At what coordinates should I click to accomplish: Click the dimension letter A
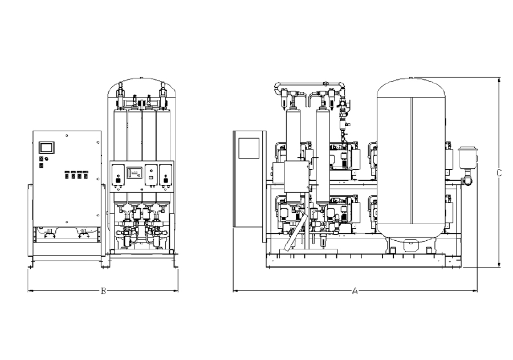click(355, 291)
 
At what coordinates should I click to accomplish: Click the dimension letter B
click(103, 291)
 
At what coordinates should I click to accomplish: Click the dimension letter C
click(499, 172)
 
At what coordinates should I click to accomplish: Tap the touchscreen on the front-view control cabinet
click(46, 147)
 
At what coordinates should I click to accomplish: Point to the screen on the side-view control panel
click(249, 148)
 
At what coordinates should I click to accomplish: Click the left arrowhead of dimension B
click(30, 291)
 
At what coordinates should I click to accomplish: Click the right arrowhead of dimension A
click(475, 291)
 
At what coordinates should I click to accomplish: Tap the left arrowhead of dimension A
click(235, 291)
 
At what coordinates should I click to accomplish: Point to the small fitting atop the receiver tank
click(412, 77)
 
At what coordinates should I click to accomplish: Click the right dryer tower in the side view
click(322, 154)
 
